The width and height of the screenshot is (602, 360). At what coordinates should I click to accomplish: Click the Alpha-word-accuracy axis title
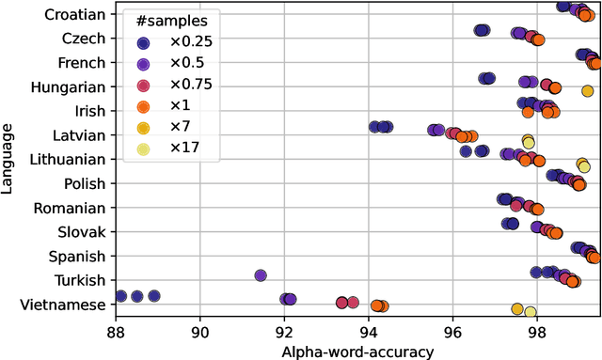click(357, 351)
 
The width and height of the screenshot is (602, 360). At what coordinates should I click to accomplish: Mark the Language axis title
click(8, 159)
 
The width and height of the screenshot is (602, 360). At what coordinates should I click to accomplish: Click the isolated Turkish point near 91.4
click(261, 275)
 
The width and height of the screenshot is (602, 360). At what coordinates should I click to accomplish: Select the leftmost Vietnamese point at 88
click(119, 296)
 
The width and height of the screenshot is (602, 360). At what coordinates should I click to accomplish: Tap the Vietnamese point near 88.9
click(154, 296)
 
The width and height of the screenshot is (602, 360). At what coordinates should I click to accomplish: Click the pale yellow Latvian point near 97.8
click(529, 141)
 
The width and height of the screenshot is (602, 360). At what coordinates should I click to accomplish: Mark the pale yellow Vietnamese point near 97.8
click(531, 311)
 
